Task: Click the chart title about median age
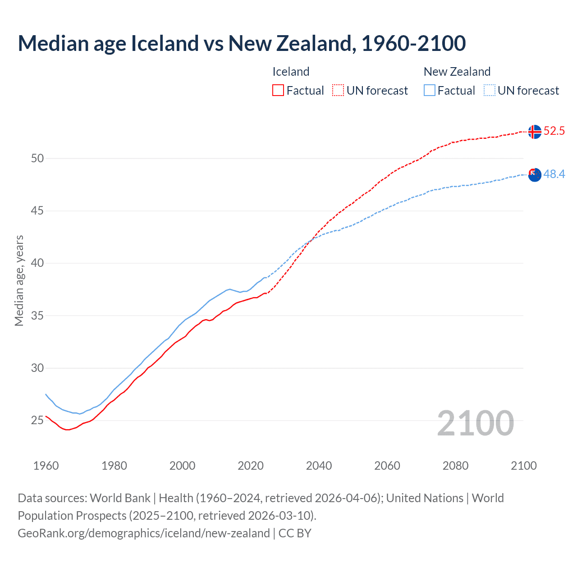click(x=242, y=43)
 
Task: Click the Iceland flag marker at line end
click(x=535, y=132)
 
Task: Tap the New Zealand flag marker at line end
click(x=535, y=175)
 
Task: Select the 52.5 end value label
click(x=554, y=131)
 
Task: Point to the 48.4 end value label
click(x=554, y=174)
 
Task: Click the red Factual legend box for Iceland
click(x=278, y=91)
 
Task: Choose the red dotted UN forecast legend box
click(x=338, y=91)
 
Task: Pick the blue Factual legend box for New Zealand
click(x=430, y=91)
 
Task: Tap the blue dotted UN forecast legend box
click(x=490, y=91)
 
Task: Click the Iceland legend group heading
click(x=291, y=72)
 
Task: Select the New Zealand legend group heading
click(x=457, y=72)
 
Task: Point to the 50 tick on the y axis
click(x=37, y=158)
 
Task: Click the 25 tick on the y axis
click(x=37, y=421)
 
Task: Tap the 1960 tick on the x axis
click(x=46, y=466)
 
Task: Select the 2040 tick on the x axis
click(x=319, y=466)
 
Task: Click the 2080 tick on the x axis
click(x=455, y=466)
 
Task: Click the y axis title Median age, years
click(x=19, y=280)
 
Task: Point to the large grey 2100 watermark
click(x=475, y=423)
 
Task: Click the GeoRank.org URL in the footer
click(x=143, y=533)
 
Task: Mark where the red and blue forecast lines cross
click(x=311, y=240)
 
